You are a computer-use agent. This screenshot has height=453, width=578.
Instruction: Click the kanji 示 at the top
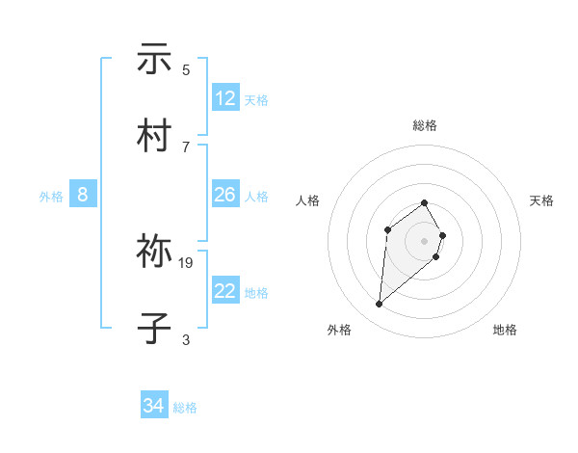154,60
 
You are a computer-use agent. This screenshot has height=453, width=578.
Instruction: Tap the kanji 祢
154,253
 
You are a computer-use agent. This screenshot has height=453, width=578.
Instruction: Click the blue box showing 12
225,98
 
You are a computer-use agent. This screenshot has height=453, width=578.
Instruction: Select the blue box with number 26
225,195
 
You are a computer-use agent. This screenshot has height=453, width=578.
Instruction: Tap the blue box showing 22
225,291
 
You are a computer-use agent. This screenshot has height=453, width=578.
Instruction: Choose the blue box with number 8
83,195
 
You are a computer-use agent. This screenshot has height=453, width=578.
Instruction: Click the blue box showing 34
154,406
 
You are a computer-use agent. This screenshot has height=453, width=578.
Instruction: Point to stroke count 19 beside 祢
186,262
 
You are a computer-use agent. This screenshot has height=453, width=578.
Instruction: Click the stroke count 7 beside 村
186,147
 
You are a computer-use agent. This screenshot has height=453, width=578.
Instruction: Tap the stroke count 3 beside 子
186,339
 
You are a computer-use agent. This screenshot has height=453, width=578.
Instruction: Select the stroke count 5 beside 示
186,69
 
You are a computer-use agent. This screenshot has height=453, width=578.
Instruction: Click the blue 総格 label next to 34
185,408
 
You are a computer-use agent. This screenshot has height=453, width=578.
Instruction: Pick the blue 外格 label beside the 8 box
51,197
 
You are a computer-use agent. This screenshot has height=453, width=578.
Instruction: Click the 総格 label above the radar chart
424,125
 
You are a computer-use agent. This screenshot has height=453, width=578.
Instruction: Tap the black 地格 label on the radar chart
505,330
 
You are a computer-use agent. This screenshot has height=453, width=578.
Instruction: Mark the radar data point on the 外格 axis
380,305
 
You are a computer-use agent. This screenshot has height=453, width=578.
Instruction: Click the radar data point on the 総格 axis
424,202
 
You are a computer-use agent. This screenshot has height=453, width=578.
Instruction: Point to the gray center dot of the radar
424,241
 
